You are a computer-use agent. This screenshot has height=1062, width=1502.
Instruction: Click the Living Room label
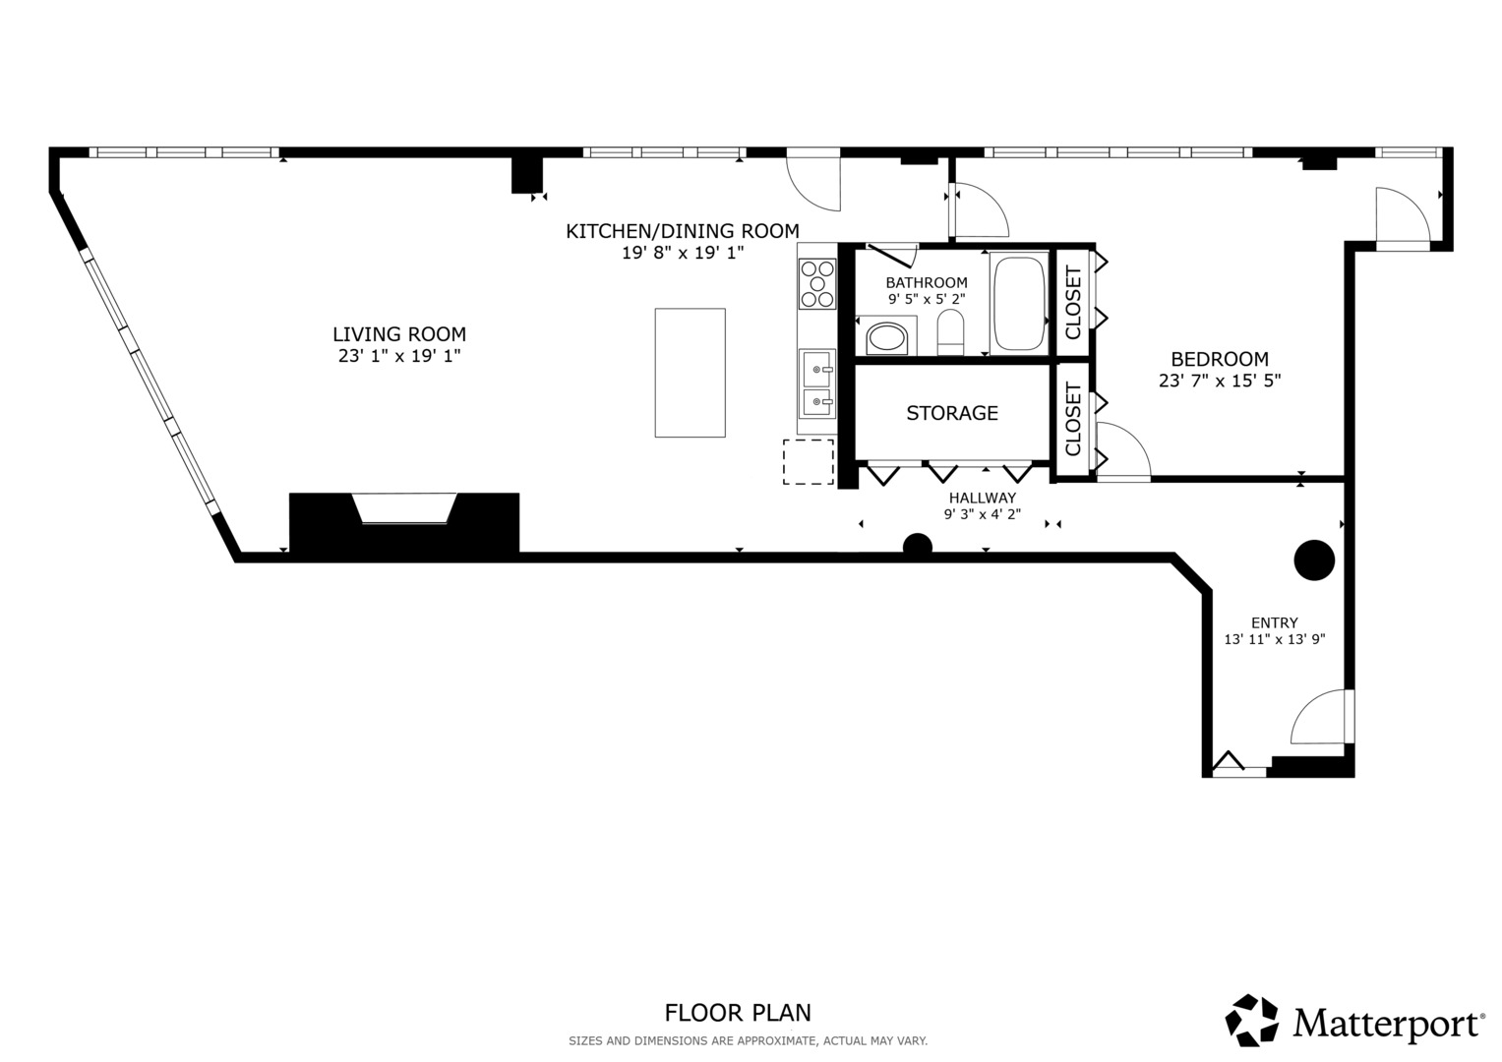click(x=398, y=334)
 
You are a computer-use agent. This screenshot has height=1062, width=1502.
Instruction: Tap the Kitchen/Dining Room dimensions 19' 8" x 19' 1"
click(x=682, y=253)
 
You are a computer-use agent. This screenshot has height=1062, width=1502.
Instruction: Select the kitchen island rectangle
click(x=690, y=373)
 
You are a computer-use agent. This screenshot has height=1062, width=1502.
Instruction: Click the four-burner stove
click(x=816, y=283)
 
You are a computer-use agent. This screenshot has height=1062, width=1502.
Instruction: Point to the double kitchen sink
click(x=817, y=384)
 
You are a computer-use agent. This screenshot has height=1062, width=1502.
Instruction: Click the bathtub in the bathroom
click(x=1019, y=303)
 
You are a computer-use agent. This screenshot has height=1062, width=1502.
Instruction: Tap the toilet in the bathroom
click(x=950, y=332)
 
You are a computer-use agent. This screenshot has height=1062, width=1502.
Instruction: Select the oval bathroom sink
click(x=887, y=338)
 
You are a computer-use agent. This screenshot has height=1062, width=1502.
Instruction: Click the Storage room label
click(x=951, y=413)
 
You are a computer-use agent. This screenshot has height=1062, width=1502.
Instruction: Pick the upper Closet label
click(x=1073, y=303)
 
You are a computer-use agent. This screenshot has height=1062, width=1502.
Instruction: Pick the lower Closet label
click(x=1073, y=420)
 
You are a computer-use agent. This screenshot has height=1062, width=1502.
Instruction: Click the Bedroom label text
click(x=1219, y=359)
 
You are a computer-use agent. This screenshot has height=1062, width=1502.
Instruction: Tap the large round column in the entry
click(x=1313, y=560)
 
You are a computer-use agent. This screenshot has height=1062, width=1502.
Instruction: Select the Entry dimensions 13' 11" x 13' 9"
click(x=1274, y=639)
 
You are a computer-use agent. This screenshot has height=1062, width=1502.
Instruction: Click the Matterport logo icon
click(x=1251, y=1020)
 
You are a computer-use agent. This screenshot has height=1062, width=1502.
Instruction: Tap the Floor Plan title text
click(x=738, y=1012)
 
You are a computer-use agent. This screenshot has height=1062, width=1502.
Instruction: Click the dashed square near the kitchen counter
click(x=808, y=462)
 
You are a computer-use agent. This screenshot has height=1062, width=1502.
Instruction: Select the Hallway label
click(x=982, y=499)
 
